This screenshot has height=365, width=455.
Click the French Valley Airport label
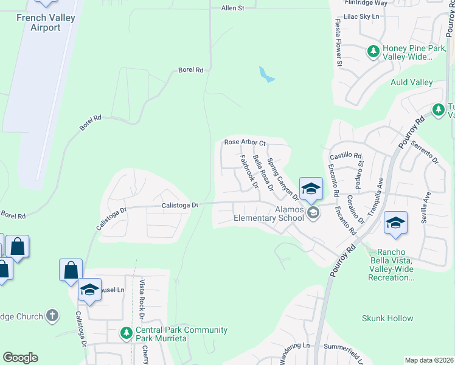pyautogui.click(x=46, y=23)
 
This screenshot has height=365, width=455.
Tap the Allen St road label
pyautogui.click(x=232, y=8)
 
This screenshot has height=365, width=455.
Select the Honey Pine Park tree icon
pyautogui.click(x=373, y=52)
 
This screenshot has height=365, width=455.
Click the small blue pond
pyautogui.click(x=266, y=75)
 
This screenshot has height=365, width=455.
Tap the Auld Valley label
pyautogui.click(x=411, y=83)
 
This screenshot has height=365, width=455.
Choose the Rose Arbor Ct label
pyautogui.click(x=245, y=142)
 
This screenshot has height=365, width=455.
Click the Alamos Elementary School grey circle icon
pyautogui.click(x=313, y=212)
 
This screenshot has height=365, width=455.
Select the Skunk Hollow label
pyautogui.click(x=387, y=318)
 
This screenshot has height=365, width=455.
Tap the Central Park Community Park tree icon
pyautogui.click(x=126, y=333)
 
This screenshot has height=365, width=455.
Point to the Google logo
pyautogui.click(x=21, y=358)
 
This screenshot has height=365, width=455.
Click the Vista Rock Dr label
pyautogui.click(x=141, y=300)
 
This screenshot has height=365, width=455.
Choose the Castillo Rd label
pyautogui.click(x=346, y=156)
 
